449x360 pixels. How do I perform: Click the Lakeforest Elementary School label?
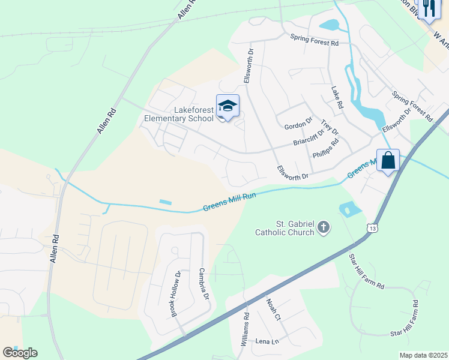pyautogui.click(x=179, y=114)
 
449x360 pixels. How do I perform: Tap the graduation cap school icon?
pyautogui.click(x=228, y=107)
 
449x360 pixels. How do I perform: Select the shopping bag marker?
pyautogui.click(x=388, y=161)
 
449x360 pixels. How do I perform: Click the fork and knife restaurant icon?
pyautogui.click(x=427, y=8)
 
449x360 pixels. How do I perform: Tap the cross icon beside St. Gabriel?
pyautogui.click(x=324, y=227)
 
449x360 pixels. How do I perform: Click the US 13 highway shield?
pyautogui.click(x=373, y=229)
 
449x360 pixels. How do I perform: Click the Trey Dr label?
pyautogui.click(x=330, y=128)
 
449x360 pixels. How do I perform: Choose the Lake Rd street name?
pyautogui.click(x=337, y=97)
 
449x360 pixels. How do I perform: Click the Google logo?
pyautogui.click(x=20, y=353)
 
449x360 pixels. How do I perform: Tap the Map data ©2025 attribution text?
pyautogui.click(x=423, y=355)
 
